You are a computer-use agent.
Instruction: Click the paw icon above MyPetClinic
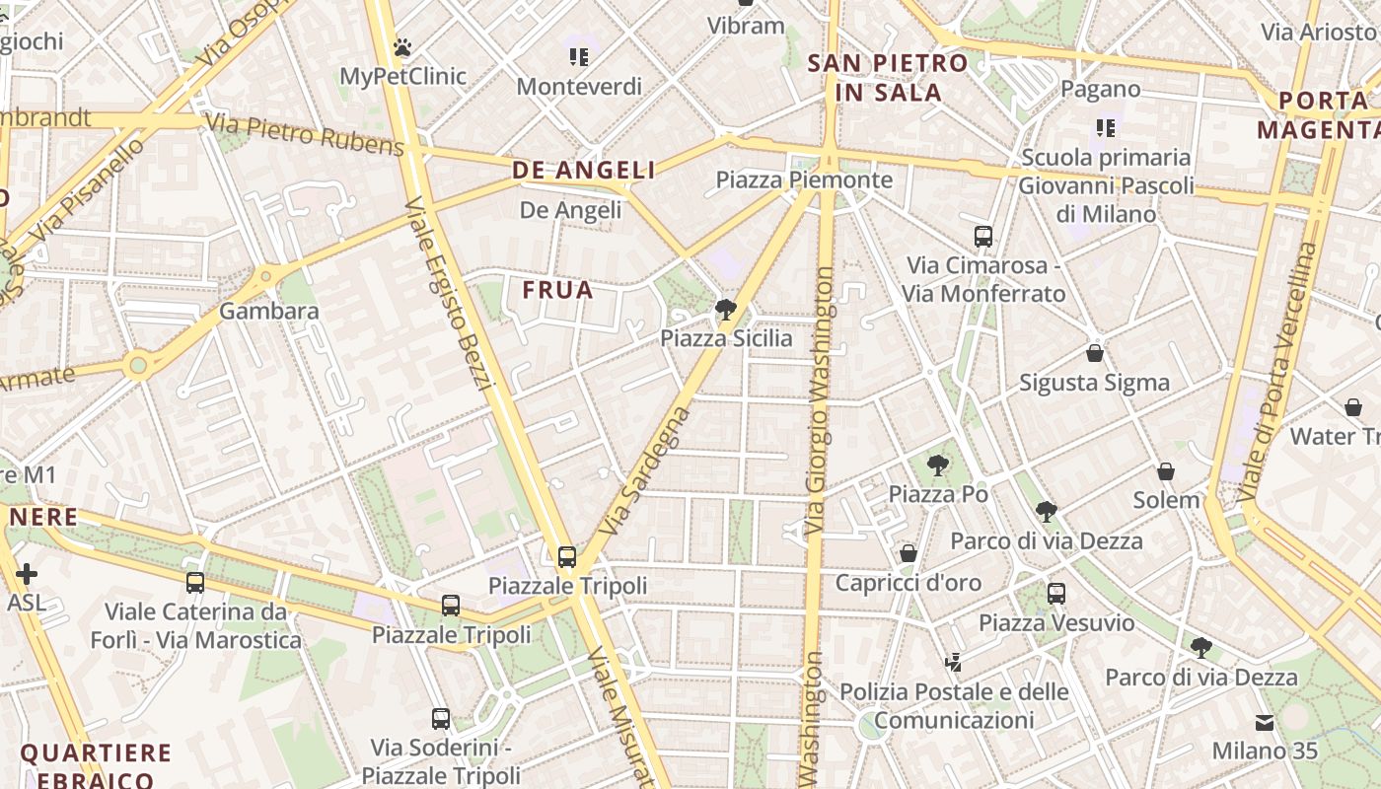[401, 46]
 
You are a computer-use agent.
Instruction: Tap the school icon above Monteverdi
[579, 57]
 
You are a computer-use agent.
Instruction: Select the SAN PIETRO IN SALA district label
[874, 78]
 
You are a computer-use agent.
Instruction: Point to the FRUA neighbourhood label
[558, 290]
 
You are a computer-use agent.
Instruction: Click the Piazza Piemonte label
[804, 179]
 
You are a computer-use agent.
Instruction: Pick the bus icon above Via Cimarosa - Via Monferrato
[983, 237]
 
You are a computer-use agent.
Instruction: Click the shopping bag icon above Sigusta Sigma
[1094, 353]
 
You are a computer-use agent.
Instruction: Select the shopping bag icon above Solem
[1166, 471]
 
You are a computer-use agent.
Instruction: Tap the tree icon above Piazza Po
[938, 466]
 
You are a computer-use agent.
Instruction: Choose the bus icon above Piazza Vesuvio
[1056, 594]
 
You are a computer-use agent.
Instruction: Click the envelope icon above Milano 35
[1265, 723]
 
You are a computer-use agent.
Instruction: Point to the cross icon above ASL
[27, 573]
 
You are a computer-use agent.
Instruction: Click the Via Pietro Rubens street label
[305, 135]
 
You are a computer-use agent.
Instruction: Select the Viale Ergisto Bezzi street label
[448, 293]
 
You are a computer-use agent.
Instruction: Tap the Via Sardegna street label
[642, 470]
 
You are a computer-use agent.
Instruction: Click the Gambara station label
[269, 312]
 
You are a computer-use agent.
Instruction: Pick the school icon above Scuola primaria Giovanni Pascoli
[1106, 128]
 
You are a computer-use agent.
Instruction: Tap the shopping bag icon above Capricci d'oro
[909, 553]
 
